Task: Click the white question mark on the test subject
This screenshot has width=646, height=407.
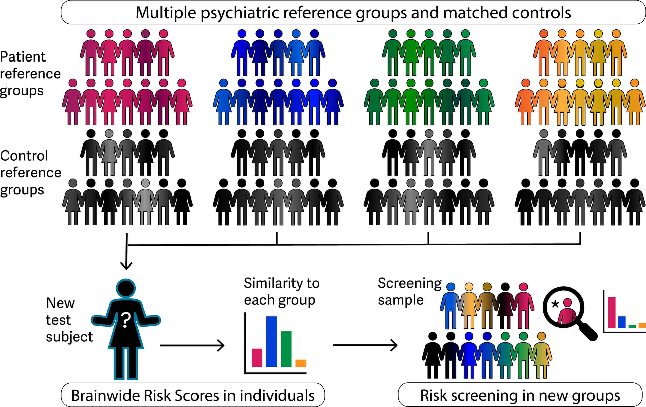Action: (125, 320)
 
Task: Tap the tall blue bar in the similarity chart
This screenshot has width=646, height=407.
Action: (272, 341)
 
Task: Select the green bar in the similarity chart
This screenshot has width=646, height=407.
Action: (286, 349)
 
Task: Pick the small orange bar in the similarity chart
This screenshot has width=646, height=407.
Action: (301, 363)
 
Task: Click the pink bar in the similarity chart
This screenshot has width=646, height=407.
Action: (257, 357)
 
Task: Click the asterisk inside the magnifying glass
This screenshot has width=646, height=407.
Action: (555, 304)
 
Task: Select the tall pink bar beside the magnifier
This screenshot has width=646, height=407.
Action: (612, 312)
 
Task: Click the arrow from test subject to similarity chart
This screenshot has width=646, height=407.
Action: (192, 345)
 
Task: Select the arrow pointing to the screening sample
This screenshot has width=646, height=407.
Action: (365, 345)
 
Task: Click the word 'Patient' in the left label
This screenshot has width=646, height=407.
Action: (23, 56)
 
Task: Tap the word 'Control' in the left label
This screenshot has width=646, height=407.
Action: (24, 156)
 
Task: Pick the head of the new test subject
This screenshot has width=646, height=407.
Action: (125, 288)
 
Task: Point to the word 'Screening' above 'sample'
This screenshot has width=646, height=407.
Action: (409, 283)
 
